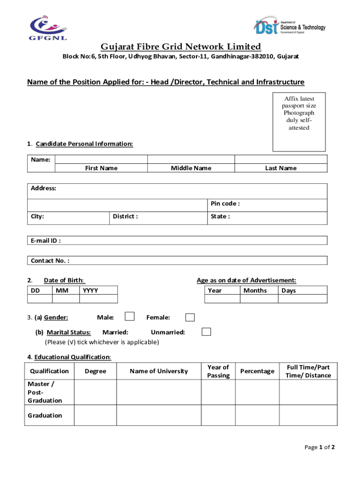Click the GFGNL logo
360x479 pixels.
click(x=48, y=28)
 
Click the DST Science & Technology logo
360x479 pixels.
click(x=290, y=26)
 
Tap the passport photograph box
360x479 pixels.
click(x=299, y=121)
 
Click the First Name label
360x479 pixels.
click(x=101, y=168)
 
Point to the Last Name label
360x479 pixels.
click(x=281, y=168)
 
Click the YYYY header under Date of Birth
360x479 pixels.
click(x=90, y=290)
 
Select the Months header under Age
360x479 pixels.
click(x=255, y=290)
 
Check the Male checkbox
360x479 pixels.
click(x=130, y=317)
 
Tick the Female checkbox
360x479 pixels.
click(x=190, y=318)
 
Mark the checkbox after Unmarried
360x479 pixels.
click(x=206, y=332)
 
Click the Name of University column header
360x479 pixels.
click(x=158, y=371)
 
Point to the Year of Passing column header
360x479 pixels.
click(x=218, y=371)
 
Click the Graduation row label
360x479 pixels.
click(x=45, y=415)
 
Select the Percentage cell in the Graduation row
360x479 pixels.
click(x=257, y=415)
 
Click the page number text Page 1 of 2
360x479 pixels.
click(x=319, y=447)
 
